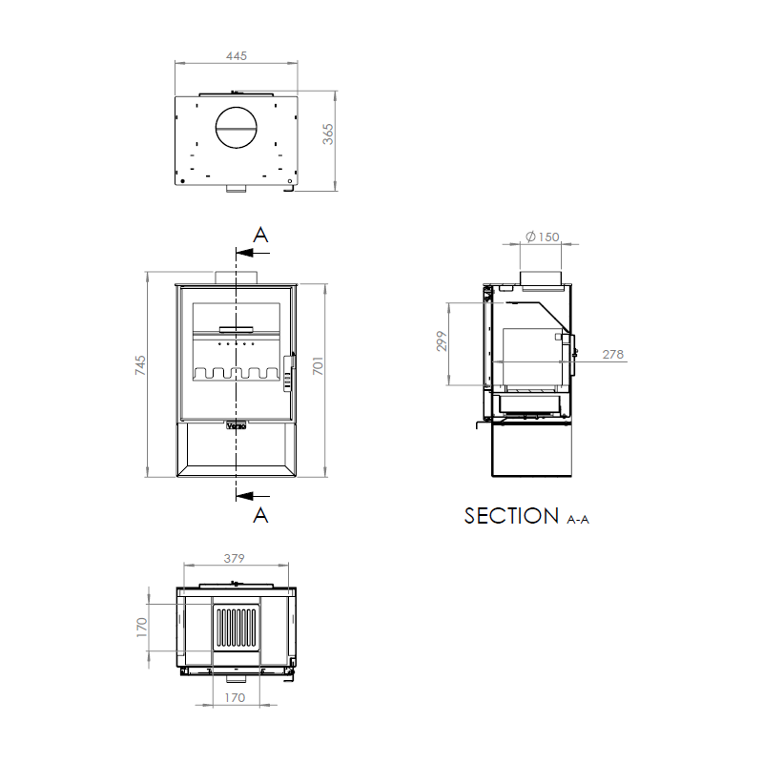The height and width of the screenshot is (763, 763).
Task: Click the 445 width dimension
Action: pyautogui.click(x=237, y=56)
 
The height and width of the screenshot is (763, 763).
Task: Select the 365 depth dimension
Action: pyautogui.click(x=328, y=134)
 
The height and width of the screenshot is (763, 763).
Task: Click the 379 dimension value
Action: pyautogui.click(x=236, y=558)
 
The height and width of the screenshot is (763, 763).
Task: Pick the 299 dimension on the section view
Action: pyautogui.click(x=442, y=341)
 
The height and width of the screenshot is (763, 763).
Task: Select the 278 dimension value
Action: pyautogui.click(x=613, y=354)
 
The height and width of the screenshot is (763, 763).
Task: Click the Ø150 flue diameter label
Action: pyautogui.click(x=542, y=237)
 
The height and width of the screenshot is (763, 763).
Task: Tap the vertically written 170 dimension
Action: pyautogui.click(x=142, y=627)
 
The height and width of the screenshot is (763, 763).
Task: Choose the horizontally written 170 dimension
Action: pyautogui.click(x=236, y=698)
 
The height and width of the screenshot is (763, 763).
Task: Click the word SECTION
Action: pyautogui.click(x=511, y=516)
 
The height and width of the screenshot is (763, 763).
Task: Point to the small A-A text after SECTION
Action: pyautogui.click(x=578, y=520)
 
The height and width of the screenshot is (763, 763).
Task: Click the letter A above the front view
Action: pyautogui.click(x=260, y=236)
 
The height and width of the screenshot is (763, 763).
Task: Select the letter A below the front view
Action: pyautogui.click(x=260, y=515)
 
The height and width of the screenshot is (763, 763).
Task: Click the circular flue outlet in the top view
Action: pyautogui.click(x=236, y=126)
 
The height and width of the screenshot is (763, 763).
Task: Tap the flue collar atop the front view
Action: pyautogui.click(x=236, y=278)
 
